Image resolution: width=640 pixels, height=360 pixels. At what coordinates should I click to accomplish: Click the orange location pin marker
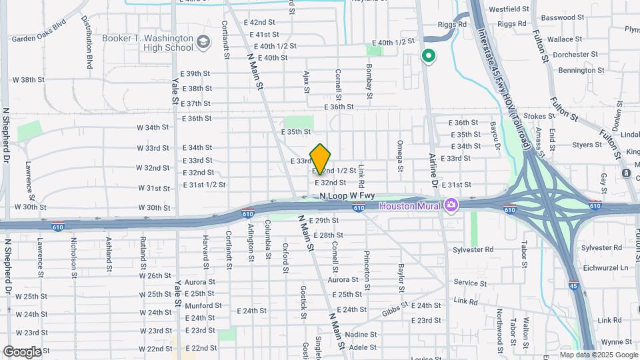pyautogui.click(x=321, y=159)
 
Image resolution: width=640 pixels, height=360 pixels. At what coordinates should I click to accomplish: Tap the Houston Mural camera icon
pyautogui.click(x=451, y=205)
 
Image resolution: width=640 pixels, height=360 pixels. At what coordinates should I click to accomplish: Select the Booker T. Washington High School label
pyautogui.click(x=148, y=43)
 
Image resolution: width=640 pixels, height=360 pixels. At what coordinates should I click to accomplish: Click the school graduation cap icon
pyautogui.click(x=204, y=44)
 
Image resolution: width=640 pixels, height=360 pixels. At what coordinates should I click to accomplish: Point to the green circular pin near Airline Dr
pyautogui.click(x=429, y=57)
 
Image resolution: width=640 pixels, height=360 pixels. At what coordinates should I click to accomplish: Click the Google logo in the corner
pyautogui.click(x=22, y=351)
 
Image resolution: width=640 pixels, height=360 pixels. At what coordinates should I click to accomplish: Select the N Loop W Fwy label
pyautogui.click(x=347, y=196)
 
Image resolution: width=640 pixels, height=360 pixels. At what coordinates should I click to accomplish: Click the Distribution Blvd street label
pyautogui.click(x=88, y=43)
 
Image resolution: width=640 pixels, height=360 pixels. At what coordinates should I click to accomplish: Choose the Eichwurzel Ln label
pyautogui.click(x=606, y=267)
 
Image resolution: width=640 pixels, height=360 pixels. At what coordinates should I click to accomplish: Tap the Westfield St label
pyautogui.click(x=509, y=10)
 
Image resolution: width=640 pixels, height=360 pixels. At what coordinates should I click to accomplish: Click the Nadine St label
pyautogui.click(x=361, y=334)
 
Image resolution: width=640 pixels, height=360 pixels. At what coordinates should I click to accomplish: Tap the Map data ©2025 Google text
pyautogui.click(x=598, y=355)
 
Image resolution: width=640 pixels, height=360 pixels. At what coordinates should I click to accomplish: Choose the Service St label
pyautogui.click(x=470, y=283)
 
